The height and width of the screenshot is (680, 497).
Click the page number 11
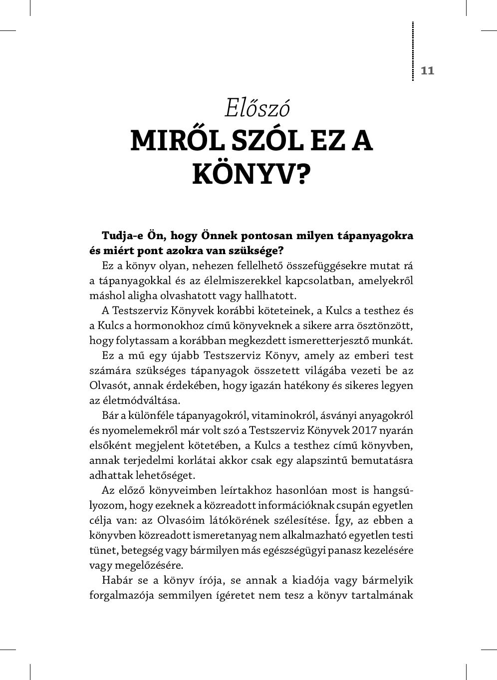[x=428, y=70]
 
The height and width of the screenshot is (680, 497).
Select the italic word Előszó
[x=257, y=108]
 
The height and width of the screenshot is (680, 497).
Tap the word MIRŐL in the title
[x=177, y=141]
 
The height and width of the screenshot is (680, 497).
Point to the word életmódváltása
[x=134, y=400]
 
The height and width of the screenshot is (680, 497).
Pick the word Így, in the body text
[x=342, y=520]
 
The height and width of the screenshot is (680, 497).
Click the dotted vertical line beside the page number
[x=413, y=51]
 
